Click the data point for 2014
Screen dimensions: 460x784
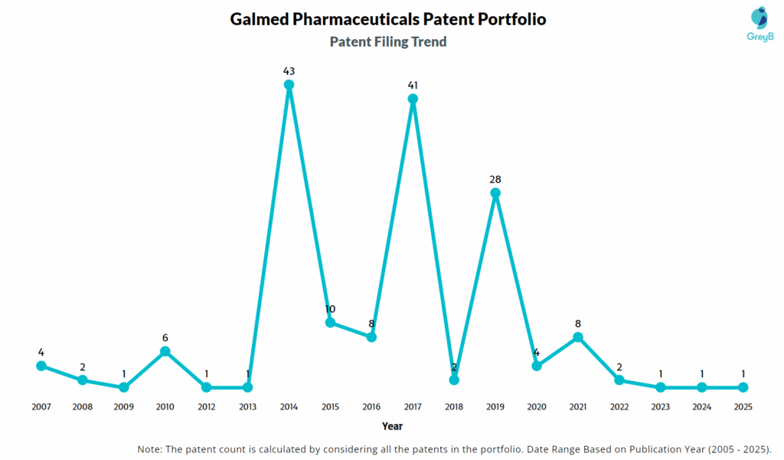289,85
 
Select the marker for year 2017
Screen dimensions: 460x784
413,99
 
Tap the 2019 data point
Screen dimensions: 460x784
495,193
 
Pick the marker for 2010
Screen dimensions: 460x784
165,351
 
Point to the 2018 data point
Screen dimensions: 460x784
454,380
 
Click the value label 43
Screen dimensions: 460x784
289,70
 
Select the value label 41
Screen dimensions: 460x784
413,84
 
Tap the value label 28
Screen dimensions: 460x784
495,178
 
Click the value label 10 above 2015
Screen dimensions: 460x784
330,308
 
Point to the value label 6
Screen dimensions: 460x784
165,337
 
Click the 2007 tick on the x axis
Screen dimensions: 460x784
41,406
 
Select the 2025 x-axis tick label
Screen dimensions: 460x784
743,406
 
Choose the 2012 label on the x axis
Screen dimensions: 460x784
206,406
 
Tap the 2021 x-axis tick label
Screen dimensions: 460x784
578,406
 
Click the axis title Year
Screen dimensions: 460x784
392,426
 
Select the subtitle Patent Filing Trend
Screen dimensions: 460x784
388,41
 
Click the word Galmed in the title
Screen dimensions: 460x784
259,19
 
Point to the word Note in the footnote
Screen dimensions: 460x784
151,449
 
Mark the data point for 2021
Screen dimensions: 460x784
578,337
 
